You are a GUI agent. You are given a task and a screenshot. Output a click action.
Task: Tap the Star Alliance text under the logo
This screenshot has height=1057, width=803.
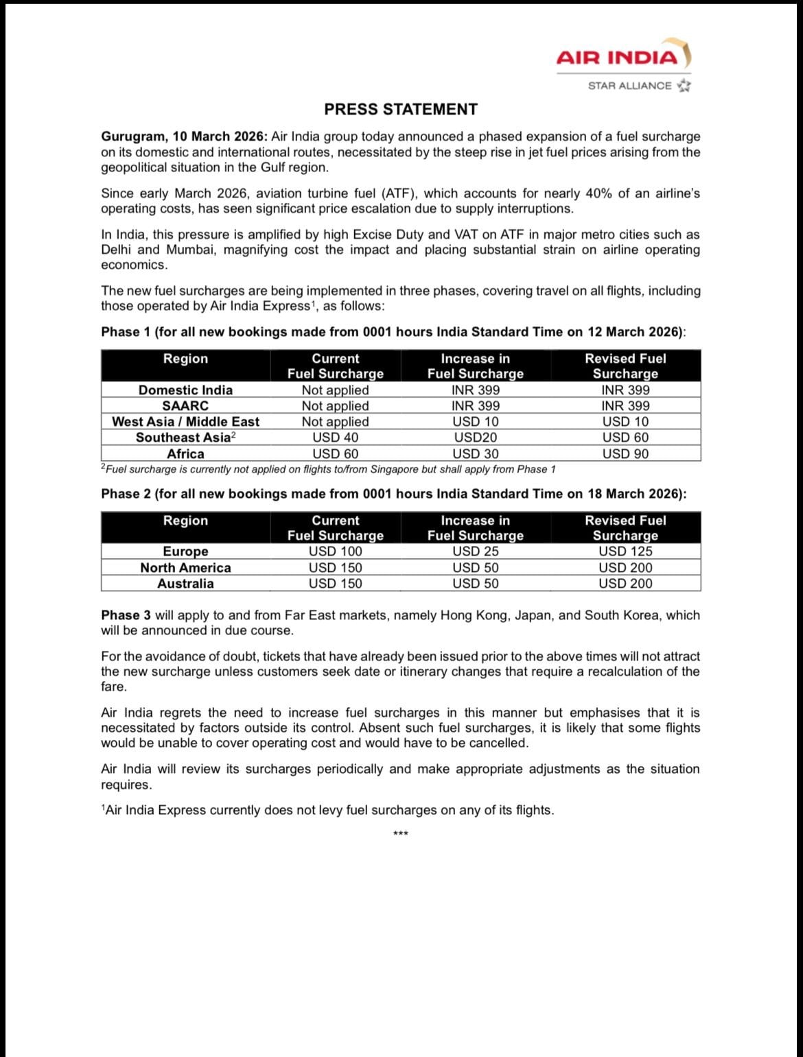[x=630, y=86]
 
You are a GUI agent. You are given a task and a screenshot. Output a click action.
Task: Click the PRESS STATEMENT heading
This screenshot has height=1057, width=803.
[x=401, y=110]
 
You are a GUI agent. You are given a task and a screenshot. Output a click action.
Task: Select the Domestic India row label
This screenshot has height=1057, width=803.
[x=185, y=390]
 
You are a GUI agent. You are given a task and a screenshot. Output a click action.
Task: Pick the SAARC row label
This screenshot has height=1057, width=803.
[x=185, y=406]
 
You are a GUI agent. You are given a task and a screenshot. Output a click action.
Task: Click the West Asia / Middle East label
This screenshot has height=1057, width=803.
[x=185, y=422]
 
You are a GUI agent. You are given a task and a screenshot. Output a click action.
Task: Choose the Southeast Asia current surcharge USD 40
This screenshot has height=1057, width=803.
[x=335, y=438]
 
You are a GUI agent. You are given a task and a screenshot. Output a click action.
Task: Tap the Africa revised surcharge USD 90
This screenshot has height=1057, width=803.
[x=625, y=454]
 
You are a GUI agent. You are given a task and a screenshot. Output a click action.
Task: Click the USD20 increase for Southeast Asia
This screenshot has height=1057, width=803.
[x=476, y=438]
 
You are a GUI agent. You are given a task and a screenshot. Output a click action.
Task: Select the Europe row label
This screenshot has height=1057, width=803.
[x=185, y=551]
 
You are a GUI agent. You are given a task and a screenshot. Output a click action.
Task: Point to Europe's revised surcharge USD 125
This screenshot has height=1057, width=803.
[x=625, y=551]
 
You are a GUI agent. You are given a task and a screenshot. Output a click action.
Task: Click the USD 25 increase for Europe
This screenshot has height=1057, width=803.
[x=476, y=551]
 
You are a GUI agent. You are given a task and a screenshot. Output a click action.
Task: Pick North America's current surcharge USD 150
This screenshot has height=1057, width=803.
[x=335, y=568]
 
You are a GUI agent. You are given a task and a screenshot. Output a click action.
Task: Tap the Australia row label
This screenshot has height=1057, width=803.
[x=185, y=584]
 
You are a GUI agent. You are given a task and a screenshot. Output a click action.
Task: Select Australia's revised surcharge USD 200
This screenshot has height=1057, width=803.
[x=625, y=584]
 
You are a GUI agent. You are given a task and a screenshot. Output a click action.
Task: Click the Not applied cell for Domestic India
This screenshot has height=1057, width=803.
[x=335, y=390]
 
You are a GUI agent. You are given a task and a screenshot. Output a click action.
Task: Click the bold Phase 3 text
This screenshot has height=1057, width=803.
[x=126, y=615]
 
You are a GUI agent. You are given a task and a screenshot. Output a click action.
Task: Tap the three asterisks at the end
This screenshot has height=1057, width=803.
[x=401, y=834]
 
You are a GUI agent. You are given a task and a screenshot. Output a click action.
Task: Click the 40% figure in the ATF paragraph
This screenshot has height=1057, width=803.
[x=598, y=193]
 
